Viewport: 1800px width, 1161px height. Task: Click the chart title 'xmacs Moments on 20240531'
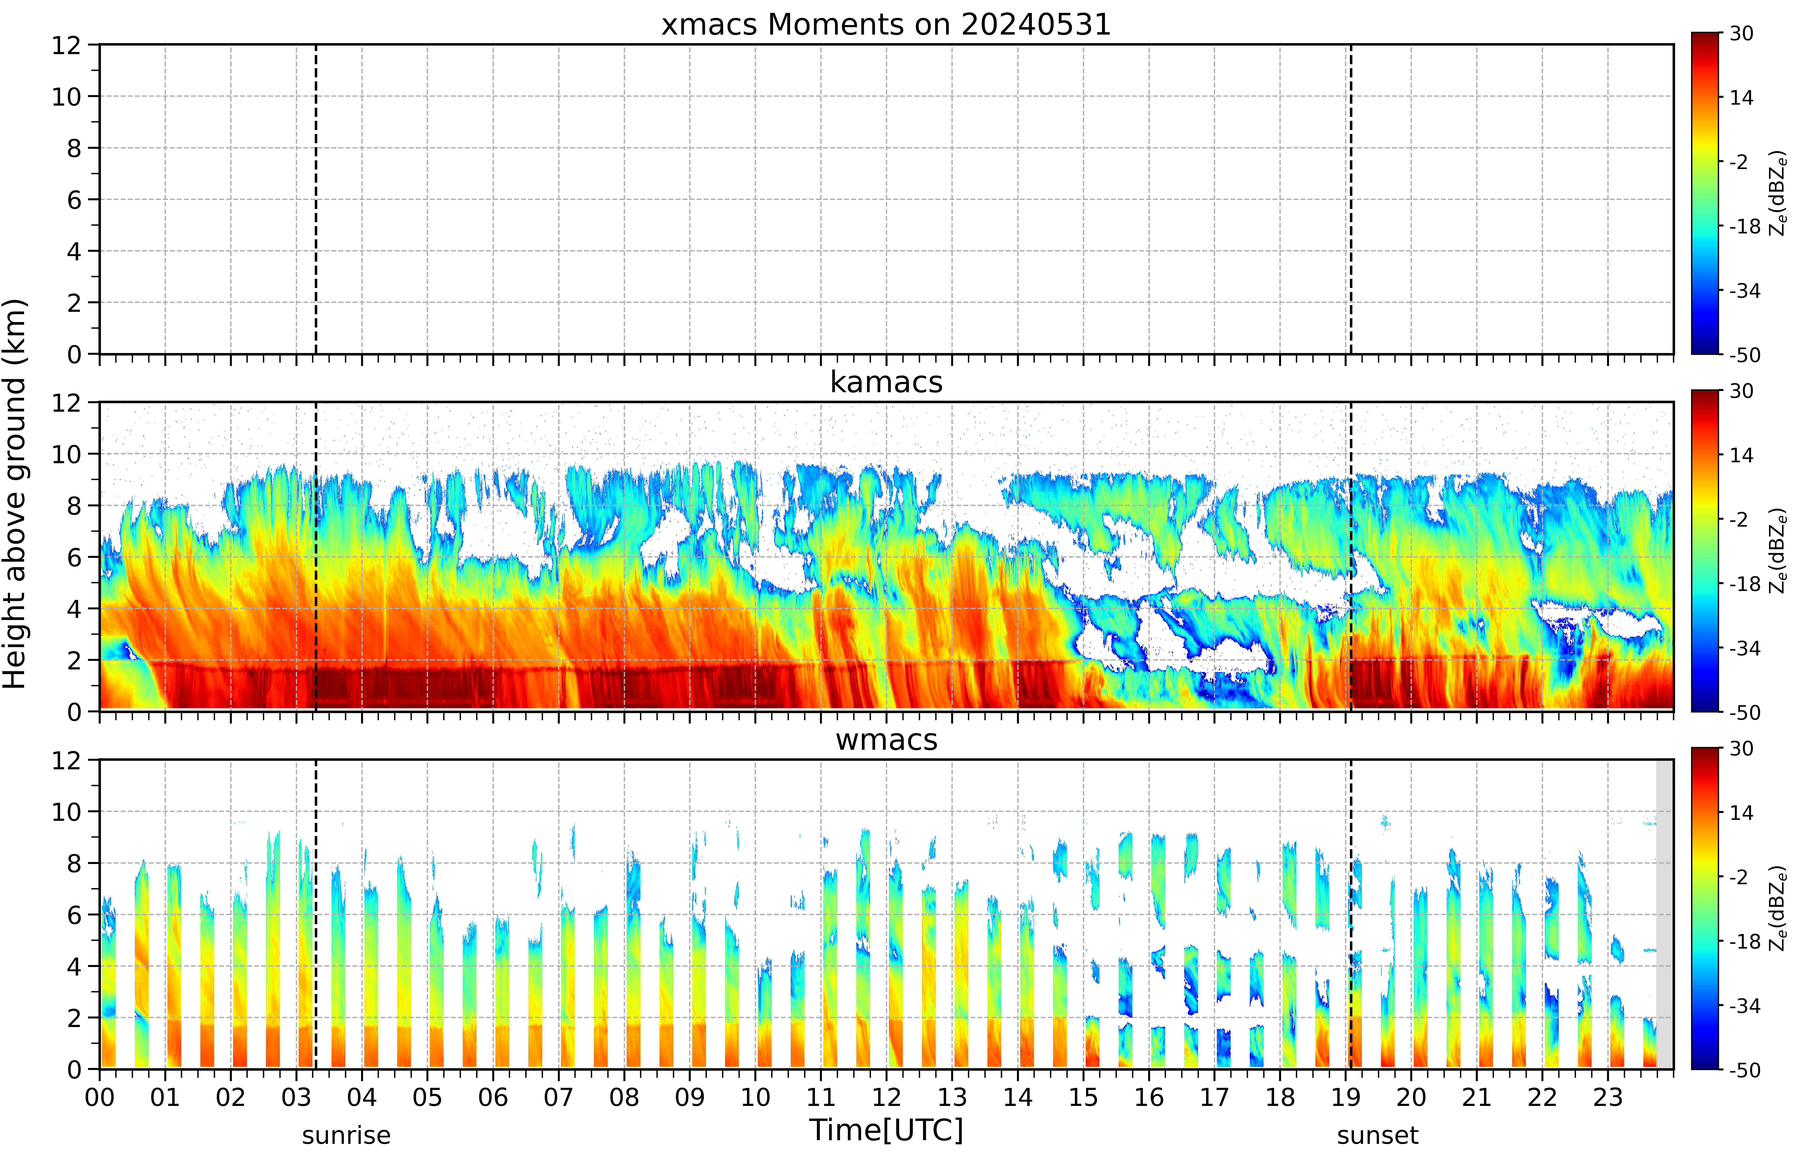coord(886,25)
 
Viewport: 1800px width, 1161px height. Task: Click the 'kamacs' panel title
coord(886,382)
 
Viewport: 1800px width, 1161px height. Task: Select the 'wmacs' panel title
coord(886,740)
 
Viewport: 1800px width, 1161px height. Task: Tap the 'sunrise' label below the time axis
coord(346,1135)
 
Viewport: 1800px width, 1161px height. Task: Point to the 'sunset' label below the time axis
coord(1378,1135)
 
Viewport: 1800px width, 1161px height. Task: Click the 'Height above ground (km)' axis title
coord(14,494)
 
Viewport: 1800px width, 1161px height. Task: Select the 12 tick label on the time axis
coord(886,1097)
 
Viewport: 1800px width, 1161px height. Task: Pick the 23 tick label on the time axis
coord(1608,1097)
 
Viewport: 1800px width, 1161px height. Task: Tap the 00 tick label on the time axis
coord(99,1097)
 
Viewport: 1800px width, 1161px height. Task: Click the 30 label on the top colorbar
coord(1741,33)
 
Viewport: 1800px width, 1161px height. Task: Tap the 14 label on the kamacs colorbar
coord(1741,455)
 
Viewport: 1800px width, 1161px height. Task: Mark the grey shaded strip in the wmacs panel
coord(1664,914)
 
